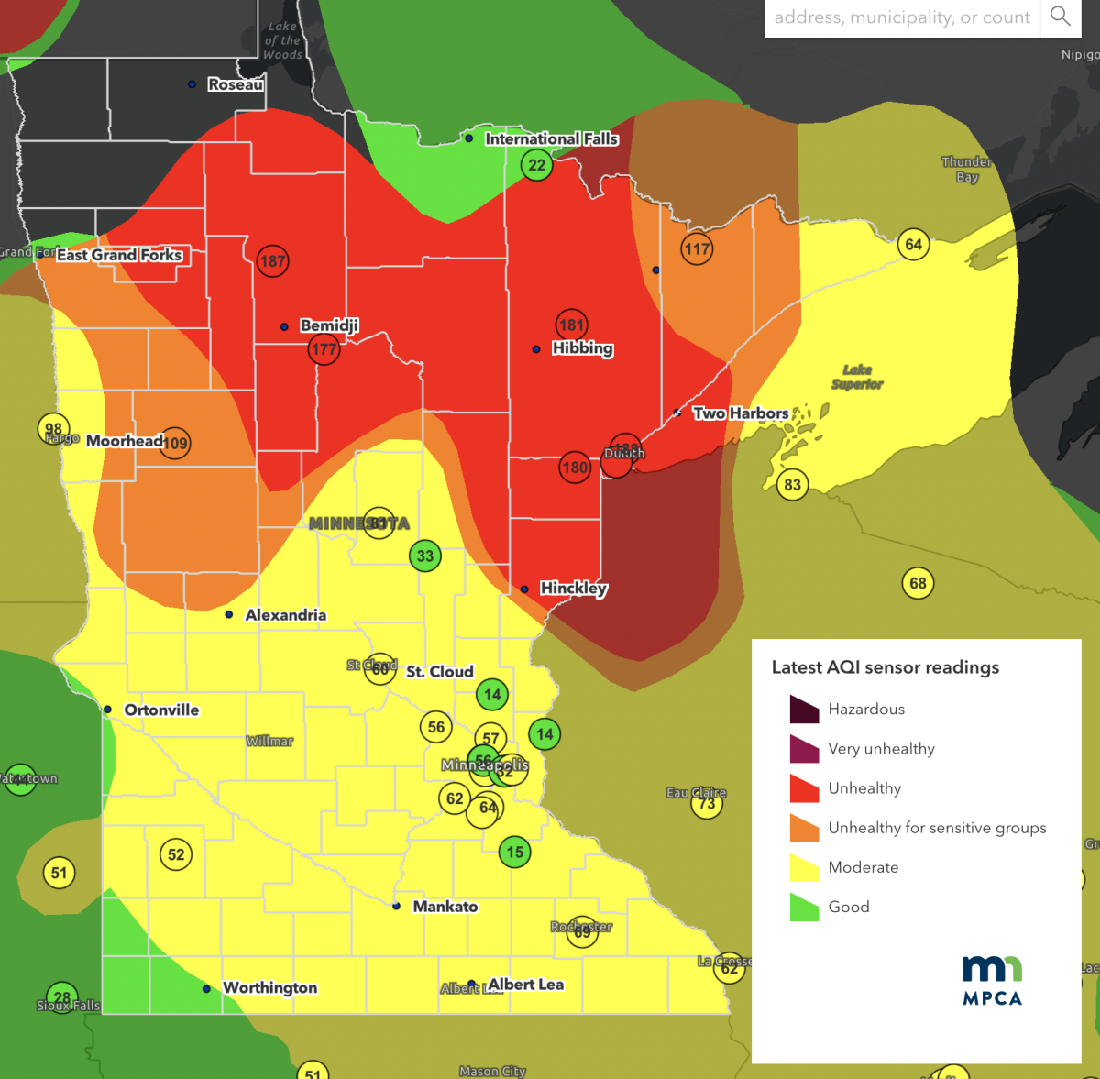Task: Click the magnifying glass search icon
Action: (1061, 17)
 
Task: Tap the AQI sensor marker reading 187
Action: (272, 261)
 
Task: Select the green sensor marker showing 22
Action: (536, 166)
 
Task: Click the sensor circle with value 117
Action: (697, 248)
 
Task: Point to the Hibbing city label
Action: (582, 348)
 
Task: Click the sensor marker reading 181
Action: (571, 325)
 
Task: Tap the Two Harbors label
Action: (740, 413)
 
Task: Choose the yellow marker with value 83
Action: (792, 485)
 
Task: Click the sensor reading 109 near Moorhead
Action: (174, 444)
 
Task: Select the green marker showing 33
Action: (425, 556)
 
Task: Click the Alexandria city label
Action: (285, 615)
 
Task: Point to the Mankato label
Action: (445, 907)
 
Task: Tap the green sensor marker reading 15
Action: (515, 852)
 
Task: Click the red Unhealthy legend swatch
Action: (804, 788)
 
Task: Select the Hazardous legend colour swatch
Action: (804, 710)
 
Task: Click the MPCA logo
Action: (992, 980)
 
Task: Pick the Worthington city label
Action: (269, 987)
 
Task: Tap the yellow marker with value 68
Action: (918, 583)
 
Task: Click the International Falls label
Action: (551, 138)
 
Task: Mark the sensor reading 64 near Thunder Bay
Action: (913, 244)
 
